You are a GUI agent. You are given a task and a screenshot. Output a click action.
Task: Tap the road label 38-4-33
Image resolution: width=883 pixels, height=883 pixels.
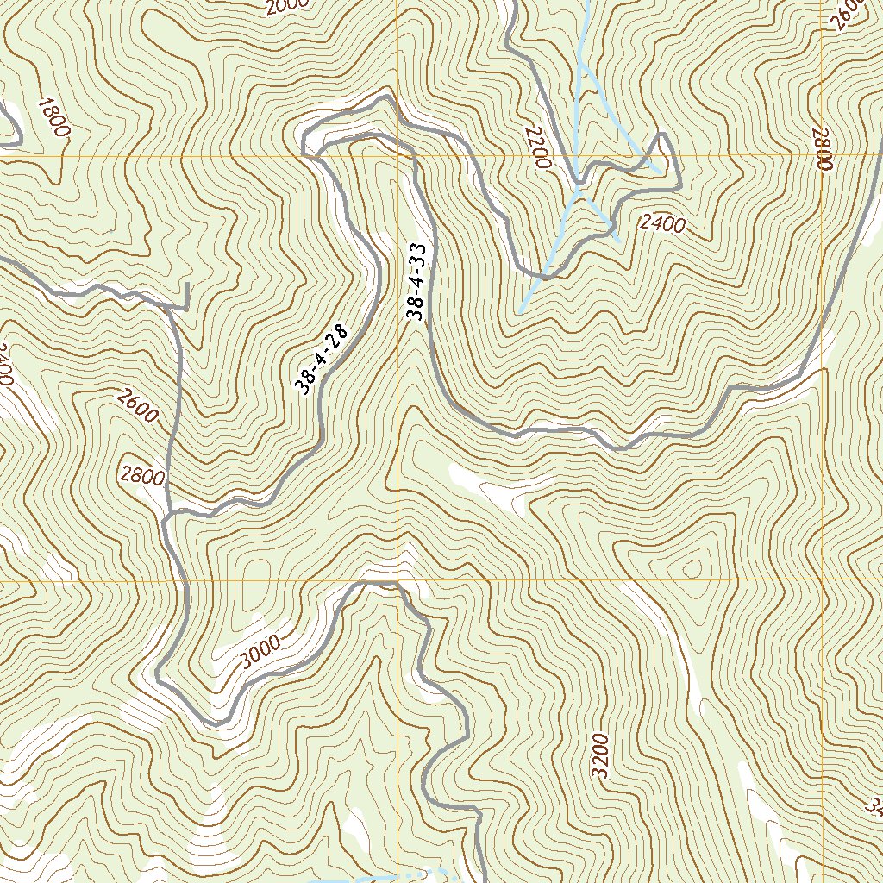[x=417, y=282]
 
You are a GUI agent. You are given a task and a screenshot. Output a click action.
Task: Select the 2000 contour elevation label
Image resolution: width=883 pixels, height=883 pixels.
[x=287, y=7]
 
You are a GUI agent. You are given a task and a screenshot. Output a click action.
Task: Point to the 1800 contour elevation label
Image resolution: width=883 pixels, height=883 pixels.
[x=53, y=117]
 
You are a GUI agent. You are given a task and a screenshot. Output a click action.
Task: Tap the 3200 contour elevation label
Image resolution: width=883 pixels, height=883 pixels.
[x=601, y=756]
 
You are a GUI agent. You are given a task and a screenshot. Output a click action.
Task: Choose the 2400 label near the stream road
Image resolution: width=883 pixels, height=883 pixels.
[x=662, y=224]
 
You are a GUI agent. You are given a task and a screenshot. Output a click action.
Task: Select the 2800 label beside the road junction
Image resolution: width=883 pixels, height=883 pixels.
[x=142, y=475]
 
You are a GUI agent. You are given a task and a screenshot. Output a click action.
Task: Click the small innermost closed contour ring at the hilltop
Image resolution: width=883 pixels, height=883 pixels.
[x=692, y=568]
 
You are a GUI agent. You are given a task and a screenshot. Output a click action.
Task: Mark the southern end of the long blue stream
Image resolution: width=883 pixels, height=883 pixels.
[x=522, y=310]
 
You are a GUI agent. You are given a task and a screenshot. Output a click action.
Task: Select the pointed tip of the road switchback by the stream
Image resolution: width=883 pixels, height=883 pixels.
[x=661, y=135]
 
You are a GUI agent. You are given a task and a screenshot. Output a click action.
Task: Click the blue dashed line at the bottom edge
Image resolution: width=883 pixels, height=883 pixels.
[x=379, y=877]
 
